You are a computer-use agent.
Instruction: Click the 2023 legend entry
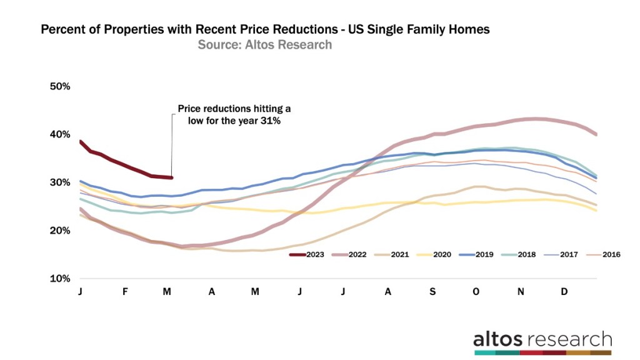[311, 254]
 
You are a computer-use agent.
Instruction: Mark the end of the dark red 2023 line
[171, 178]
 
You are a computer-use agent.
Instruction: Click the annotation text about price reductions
[228, 115]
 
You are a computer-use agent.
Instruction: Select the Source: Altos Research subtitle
[265, 45]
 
